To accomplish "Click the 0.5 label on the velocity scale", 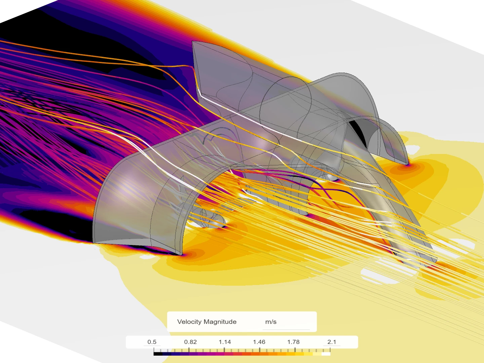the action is pyautogui.click(x=152, y=342).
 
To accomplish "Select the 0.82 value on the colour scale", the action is pyautogui.click(x=190, y=342).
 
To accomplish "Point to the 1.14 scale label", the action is pyautogui.click(x=225, y=342).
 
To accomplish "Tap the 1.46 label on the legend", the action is pyautogui.click(x=259, y=342).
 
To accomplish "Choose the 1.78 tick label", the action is pyautogui.click(x=293, y=342).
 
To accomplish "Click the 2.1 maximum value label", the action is pyautogui.click(x=332, y=342).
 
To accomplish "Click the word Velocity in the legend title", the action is pyautogui.click(x=189, y=322).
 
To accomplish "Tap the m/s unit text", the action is pyautogui.click(x=271, y=322).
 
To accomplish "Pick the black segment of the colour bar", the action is pyautogui.click(x=158, y=354).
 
